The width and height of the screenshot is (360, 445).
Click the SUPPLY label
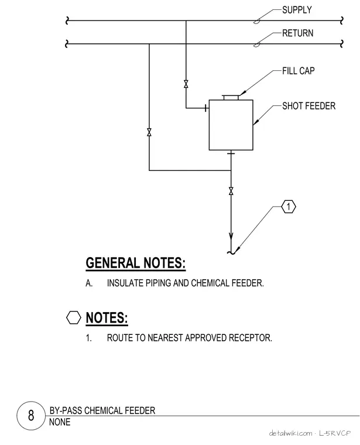pyautogui.click(x=297, y=10)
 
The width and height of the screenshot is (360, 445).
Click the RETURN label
pyautogui.click(x=297, y=33)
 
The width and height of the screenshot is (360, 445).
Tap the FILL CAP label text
pyautogui.click(x=298, y=71)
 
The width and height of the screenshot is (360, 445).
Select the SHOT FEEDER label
pyautogui.click(x=308, y=106)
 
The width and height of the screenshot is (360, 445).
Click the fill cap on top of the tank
pyautogui.click(x=231, y=97)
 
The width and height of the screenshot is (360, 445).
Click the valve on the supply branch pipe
pyautogui.click(x=186, y=84)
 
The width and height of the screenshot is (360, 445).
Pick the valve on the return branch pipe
pyautogui.click(x=149, y=132)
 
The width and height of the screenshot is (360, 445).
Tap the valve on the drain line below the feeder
pyautogui.click(x=231, y=191)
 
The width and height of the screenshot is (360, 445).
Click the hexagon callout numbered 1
pyautogui.click(x=289, y=207)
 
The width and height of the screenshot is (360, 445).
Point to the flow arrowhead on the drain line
pyautogui.click(x=231, y=237)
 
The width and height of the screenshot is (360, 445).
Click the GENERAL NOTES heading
pyautogui.click(x=136, y=263)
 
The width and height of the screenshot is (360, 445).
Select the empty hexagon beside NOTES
pyautogui.click(x=74, y=317)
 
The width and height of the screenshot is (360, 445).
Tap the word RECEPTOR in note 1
pyautogui.click(x=250, y=338)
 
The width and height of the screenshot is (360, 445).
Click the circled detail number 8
pyautogui.click(x=31, y=416)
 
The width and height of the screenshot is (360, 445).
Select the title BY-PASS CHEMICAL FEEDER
pyautogui.click(x=102, y=410)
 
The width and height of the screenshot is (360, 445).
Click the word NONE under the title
pyautogui.click(x=60, y=422)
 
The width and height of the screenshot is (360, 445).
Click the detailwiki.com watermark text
pyautogui.click(x=291, y=433)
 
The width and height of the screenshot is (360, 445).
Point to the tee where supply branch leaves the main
pyautogui.click(x=186, y=20)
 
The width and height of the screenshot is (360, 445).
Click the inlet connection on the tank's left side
pyautogui.click(x=206, y=108)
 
